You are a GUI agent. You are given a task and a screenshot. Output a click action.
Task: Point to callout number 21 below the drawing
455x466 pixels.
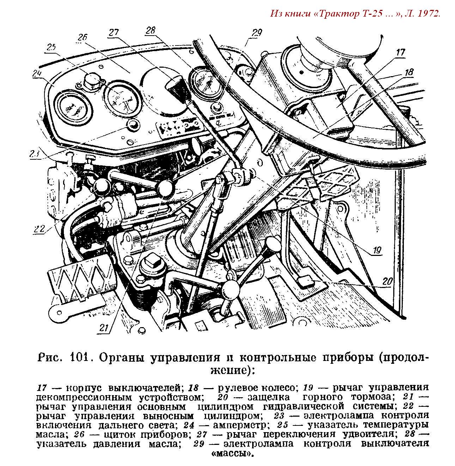tap(103, 327)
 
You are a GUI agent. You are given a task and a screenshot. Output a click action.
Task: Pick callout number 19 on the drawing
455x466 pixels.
tap(377, 251)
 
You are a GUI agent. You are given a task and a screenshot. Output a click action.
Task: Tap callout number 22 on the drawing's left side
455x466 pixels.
tap(39, 229)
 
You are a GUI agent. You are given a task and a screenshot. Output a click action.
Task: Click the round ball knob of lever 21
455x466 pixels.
tap(165, 188)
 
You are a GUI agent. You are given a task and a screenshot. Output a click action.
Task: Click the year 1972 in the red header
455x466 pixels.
tap(429, 14)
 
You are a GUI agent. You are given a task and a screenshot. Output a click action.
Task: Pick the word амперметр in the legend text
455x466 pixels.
tap(239, 425)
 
